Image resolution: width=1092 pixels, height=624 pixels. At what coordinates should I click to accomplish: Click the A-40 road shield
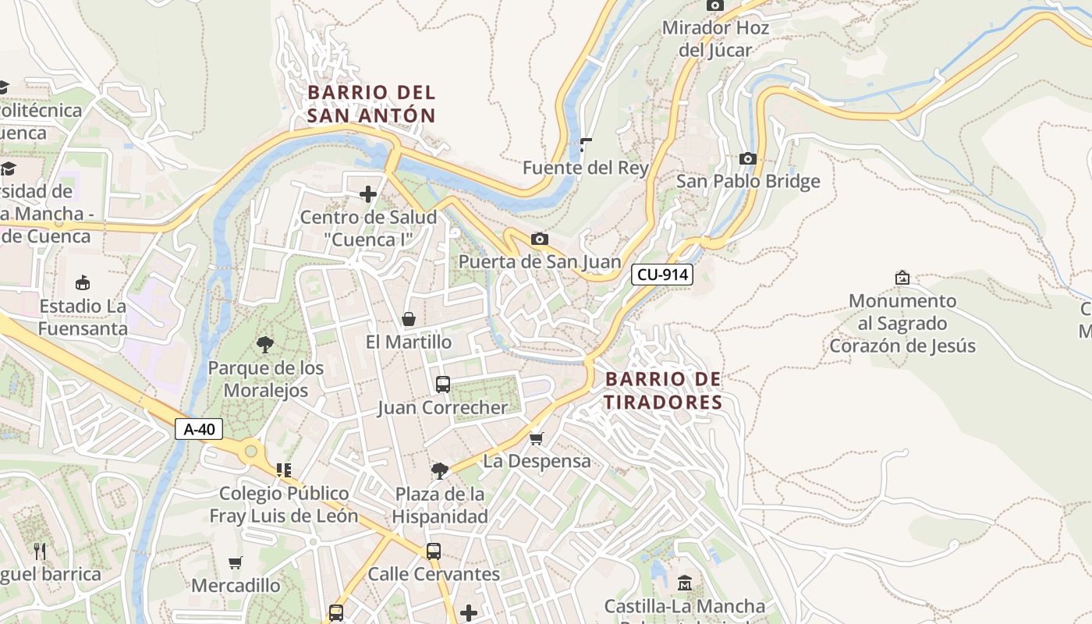[199, 428]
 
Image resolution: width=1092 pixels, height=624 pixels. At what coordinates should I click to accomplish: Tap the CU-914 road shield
[661, 274]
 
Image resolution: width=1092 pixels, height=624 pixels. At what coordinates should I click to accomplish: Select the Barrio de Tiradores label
[663, 391]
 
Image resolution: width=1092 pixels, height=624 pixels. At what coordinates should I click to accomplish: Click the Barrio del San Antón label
[371, 104]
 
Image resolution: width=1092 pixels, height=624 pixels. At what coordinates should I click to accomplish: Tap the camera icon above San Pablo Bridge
[747, 159]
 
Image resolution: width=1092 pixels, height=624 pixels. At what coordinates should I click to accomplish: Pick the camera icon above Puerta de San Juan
[539, 239]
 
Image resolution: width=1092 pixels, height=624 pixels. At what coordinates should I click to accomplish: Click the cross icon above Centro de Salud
[368, 194]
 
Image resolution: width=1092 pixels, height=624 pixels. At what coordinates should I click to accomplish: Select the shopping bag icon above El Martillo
[408, 319]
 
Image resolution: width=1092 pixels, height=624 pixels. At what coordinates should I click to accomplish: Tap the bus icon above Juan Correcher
[442, 385]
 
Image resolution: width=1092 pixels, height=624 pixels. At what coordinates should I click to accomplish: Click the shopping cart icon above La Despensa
[536, 439]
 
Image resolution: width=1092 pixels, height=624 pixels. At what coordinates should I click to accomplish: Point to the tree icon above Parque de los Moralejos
[265, 344]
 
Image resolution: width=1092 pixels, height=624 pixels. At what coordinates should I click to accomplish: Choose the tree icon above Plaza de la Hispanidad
[440, 470]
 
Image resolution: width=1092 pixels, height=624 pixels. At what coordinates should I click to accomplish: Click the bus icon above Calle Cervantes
[434, 551]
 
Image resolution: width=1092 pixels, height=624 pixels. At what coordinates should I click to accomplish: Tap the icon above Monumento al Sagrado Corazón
[902, 278]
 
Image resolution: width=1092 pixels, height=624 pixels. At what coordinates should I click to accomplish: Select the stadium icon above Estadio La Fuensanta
[83, 282]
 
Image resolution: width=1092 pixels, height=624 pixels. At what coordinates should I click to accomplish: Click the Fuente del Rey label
[585, 168]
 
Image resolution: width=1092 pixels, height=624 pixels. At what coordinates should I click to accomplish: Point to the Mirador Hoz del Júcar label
[715, 39]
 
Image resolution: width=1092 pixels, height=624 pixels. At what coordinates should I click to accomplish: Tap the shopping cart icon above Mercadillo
[236, 562]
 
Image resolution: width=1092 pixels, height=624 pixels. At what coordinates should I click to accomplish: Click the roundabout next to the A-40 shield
[250, 450]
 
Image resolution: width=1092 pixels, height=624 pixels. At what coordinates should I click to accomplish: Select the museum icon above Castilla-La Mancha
[685, 583]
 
